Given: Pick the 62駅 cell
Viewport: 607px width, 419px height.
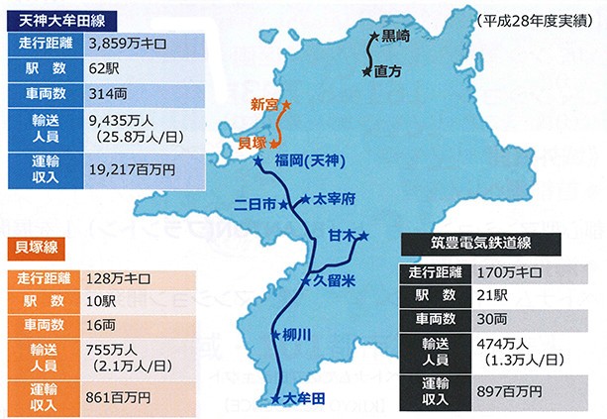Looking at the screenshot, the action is coord(105,69).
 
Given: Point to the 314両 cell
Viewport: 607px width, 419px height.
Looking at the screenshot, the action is coord(107,95).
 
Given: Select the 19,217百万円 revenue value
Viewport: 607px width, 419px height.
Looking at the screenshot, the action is coord(131,169).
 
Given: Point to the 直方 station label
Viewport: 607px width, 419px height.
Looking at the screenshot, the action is coord(389,71).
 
